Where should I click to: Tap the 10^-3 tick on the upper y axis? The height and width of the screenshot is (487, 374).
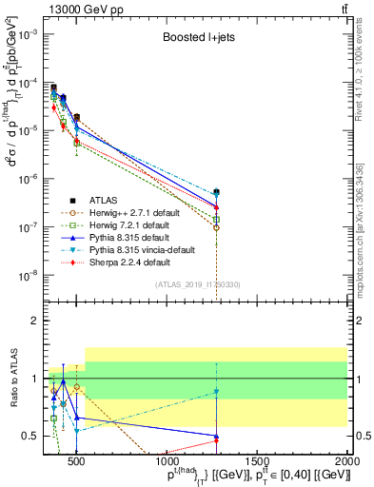[x=30, y=33]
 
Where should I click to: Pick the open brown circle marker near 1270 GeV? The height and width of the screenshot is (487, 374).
[x=217, y=227]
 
